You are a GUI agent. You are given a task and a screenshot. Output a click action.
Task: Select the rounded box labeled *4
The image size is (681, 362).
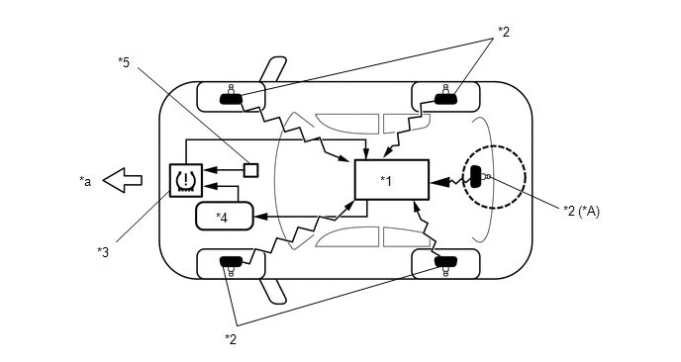click(x=225, y=216)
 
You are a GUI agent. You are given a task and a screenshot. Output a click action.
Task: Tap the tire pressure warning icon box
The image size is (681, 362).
click(x=185, y=181)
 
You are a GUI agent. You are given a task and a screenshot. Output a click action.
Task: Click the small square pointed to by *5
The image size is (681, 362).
click(x=251, y=169)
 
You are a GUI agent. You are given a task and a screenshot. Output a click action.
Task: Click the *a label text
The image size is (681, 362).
click(x=85, y=180)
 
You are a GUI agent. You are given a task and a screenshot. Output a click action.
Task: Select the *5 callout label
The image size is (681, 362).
click(x=124, y=62)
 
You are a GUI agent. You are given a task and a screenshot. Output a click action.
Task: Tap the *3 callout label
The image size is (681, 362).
click(x=103, y=252)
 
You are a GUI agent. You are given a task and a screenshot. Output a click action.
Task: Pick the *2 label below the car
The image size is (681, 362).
click(x=231, y=338)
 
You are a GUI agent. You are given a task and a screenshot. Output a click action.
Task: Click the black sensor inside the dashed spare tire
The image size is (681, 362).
click(x=475, y=177)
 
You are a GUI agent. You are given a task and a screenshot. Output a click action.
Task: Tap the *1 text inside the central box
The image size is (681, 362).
click(x=386, y=181)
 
